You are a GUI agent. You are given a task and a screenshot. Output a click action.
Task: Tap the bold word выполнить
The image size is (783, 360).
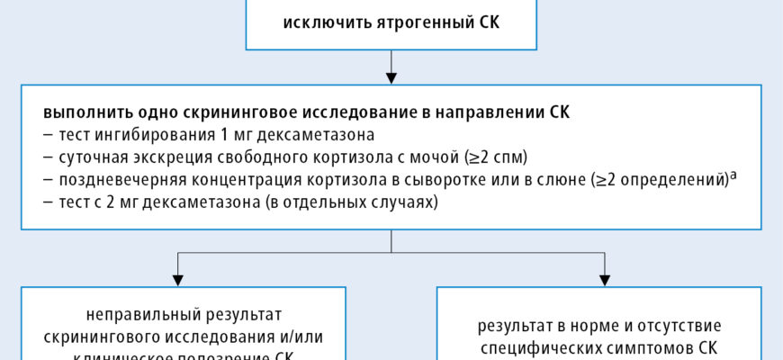[78, 115]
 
